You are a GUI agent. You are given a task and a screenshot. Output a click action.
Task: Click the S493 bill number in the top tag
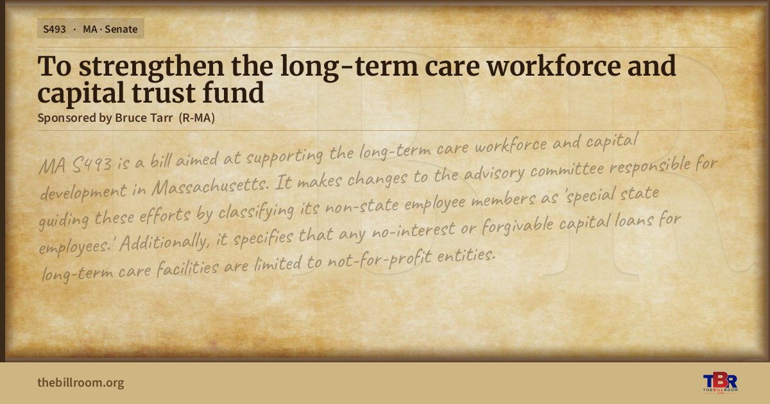[x=55, y=29]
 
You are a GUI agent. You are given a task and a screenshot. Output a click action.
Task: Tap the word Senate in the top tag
[x=121, y=29]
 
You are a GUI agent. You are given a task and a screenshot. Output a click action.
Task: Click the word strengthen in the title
[x=151, y=67]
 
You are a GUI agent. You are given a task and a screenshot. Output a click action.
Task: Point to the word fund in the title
[x=234, y=92]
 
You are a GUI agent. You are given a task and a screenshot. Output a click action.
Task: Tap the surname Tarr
[x=162, y=118]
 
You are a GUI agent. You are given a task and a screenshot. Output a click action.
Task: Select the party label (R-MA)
[x=197, y=118]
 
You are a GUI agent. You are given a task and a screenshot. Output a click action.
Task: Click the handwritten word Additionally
[x=164, y=242]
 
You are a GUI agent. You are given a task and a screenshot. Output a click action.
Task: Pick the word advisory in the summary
[x=494, y=173]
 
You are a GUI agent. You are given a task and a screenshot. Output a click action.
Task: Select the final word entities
[x=466, y=255]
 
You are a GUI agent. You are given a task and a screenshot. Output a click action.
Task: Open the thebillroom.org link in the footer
[x=81, y=383]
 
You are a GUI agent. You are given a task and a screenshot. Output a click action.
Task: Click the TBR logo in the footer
[x=720, y=383]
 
